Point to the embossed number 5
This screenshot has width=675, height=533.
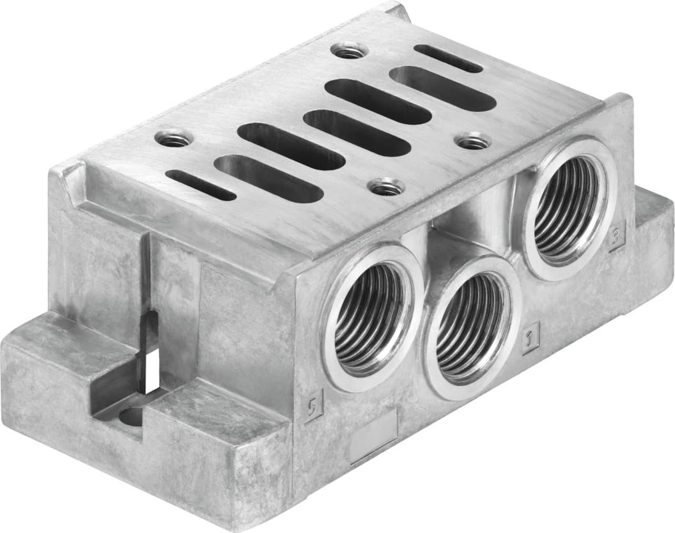pyautogui.click(x=313, y=404)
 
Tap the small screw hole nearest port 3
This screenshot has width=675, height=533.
pyautogui.click(x=473, y=141)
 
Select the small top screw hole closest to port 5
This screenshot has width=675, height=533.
pyautogui.click(x=387, y=187)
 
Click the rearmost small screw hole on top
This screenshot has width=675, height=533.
pyautogui.click(x=349, y=50)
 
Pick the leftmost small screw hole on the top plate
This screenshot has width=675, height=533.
pyautogui.click(x=173, y=137)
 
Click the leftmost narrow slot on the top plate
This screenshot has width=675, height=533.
pyautogui.click(x=200, y=184)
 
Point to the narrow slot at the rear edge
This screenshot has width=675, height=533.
pyautogui.click(x=447, y=58)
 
